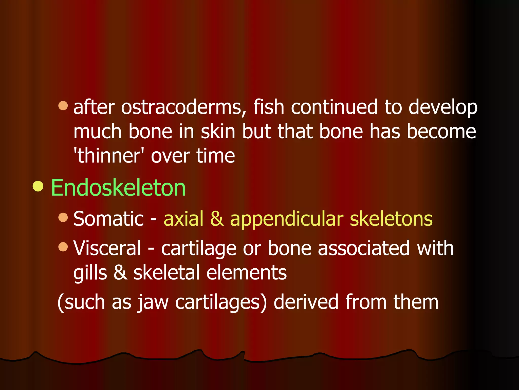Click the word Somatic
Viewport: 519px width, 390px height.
click(108, 219)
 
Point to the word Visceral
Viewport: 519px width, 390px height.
click(107, 248)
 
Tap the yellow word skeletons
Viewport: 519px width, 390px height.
click(391, 219)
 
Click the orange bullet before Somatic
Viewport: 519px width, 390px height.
click(63, 217)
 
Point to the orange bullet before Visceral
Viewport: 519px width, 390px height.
click(63, 247)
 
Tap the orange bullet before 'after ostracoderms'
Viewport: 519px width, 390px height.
click(63, 106)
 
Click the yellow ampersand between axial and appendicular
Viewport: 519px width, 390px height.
click(217, 219)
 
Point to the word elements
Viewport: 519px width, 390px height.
click(247, 273)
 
